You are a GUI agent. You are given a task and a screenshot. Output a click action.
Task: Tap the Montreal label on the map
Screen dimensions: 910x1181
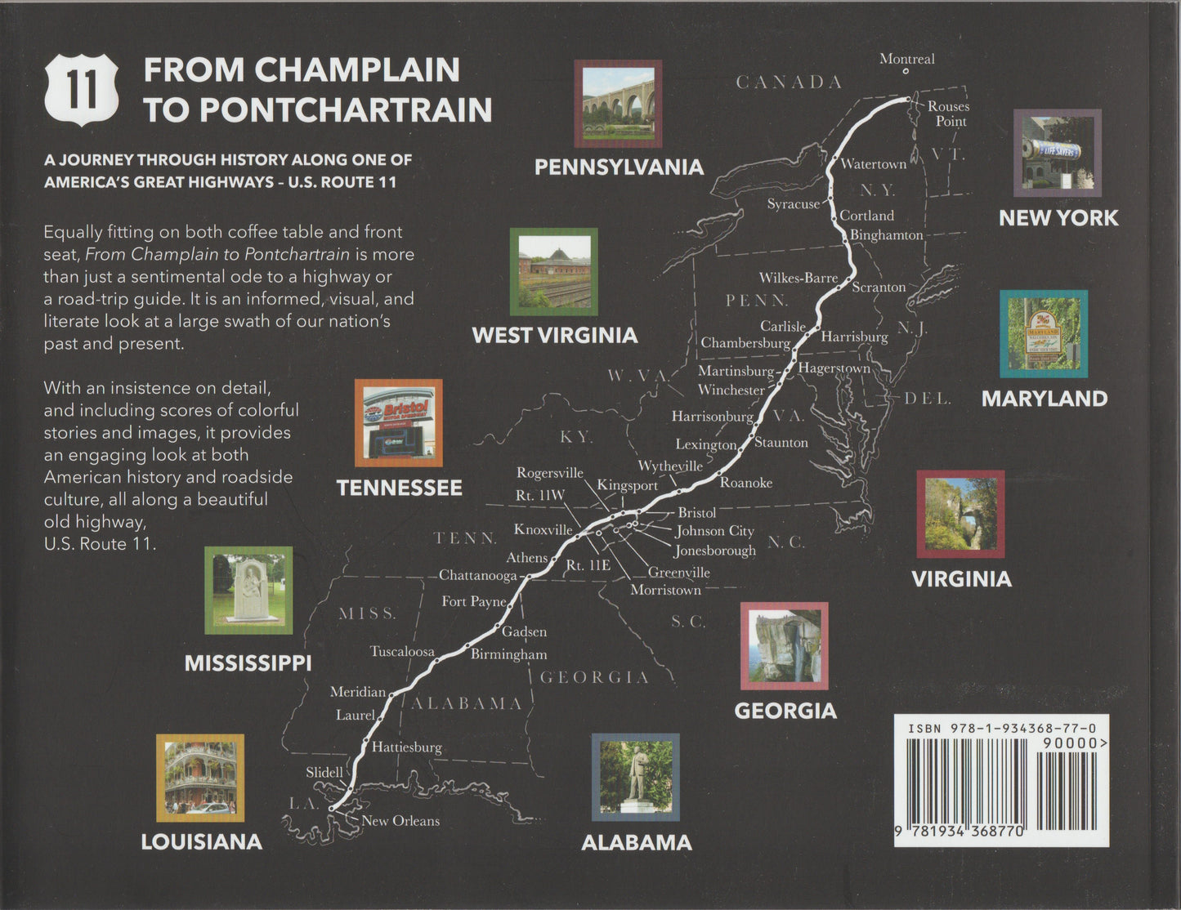906,59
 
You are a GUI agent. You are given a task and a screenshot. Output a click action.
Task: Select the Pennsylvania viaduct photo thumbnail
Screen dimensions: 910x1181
618,103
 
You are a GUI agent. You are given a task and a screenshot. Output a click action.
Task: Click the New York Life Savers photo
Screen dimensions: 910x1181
1058,153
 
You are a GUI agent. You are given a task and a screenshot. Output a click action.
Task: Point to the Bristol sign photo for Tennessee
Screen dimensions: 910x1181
399,422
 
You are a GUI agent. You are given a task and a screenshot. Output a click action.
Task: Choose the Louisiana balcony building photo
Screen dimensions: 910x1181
200,778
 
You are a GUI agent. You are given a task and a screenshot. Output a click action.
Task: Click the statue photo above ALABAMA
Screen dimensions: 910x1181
636,777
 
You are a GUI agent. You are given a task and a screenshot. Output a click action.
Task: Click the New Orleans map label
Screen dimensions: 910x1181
400,821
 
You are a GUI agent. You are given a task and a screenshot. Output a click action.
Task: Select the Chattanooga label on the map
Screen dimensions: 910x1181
478,575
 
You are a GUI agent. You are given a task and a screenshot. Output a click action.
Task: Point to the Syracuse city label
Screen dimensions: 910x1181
793,204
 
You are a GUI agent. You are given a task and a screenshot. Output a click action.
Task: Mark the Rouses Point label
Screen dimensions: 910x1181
949,114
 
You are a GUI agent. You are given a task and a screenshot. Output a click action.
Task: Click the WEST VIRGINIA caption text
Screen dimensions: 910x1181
554,336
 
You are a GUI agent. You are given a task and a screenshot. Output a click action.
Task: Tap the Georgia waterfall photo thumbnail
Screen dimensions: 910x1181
784,646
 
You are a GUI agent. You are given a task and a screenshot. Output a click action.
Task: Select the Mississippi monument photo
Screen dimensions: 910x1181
248,590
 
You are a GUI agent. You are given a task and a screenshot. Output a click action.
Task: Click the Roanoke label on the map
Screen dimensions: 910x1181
745,483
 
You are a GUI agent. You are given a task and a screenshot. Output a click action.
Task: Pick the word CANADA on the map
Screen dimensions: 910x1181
789,82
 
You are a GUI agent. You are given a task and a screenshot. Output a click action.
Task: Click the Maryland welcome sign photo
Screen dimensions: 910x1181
1044,333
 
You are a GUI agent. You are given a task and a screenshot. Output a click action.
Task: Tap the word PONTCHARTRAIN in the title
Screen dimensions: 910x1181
346,110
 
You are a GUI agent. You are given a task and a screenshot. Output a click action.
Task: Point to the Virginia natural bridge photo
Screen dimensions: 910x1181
960,514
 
